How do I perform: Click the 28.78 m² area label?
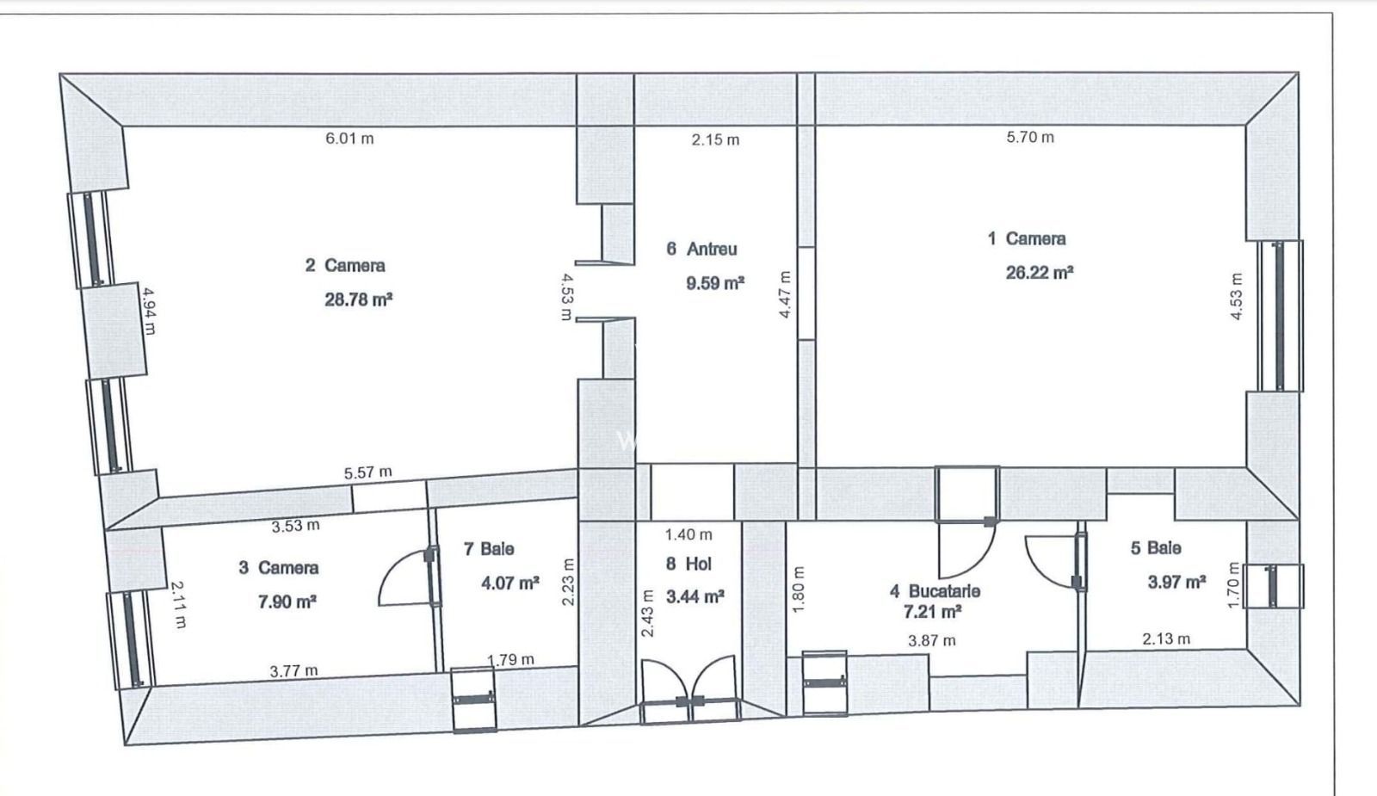coord(359,300)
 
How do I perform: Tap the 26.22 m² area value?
coord(1039,273)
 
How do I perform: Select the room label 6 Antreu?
coord(701,250)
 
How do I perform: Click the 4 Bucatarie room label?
coord(935,592)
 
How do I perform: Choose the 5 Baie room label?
coord(1155,548)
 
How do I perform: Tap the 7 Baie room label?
coord(489,549)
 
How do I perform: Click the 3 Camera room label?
coord(279,568)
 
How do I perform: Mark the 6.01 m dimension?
coord(349,139)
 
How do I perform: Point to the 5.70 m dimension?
coord(1030,137)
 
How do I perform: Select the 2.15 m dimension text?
coord(715,139)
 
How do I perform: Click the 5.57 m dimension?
coord(367,472)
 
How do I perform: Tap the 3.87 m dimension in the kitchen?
coord(932,640)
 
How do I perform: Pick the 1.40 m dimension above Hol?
coord(688,534)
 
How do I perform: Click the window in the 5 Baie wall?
coord(1276,585)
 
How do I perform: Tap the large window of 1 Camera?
coord(1279,316)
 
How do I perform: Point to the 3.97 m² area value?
coord(1176,583)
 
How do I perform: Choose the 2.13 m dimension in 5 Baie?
coord(1166,639)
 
